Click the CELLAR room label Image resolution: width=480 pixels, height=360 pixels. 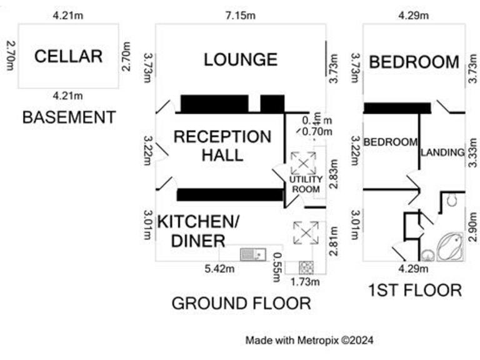coord(69,56)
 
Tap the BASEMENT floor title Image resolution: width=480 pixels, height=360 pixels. coord(69,117)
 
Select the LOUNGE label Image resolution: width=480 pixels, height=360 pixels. coord(241,59)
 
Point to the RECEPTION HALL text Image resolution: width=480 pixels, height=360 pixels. coord(222,146)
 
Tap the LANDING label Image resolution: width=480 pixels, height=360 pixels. coord(442,152)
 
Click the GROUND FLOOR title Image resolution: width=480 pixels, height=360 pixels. coord(241,304)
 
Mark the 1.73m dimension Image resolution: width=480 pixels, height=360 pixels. coord(306,282)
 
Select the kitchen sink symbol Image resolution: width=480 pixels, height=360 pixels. coord(253,254)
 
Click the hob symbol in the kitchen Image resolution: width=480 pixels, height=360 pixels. coord(307,267)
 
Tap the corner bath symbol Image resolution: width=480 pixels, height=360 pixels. coord(449,246)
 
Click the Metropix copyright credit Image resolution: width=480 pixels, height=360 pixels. coord(309,341)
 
